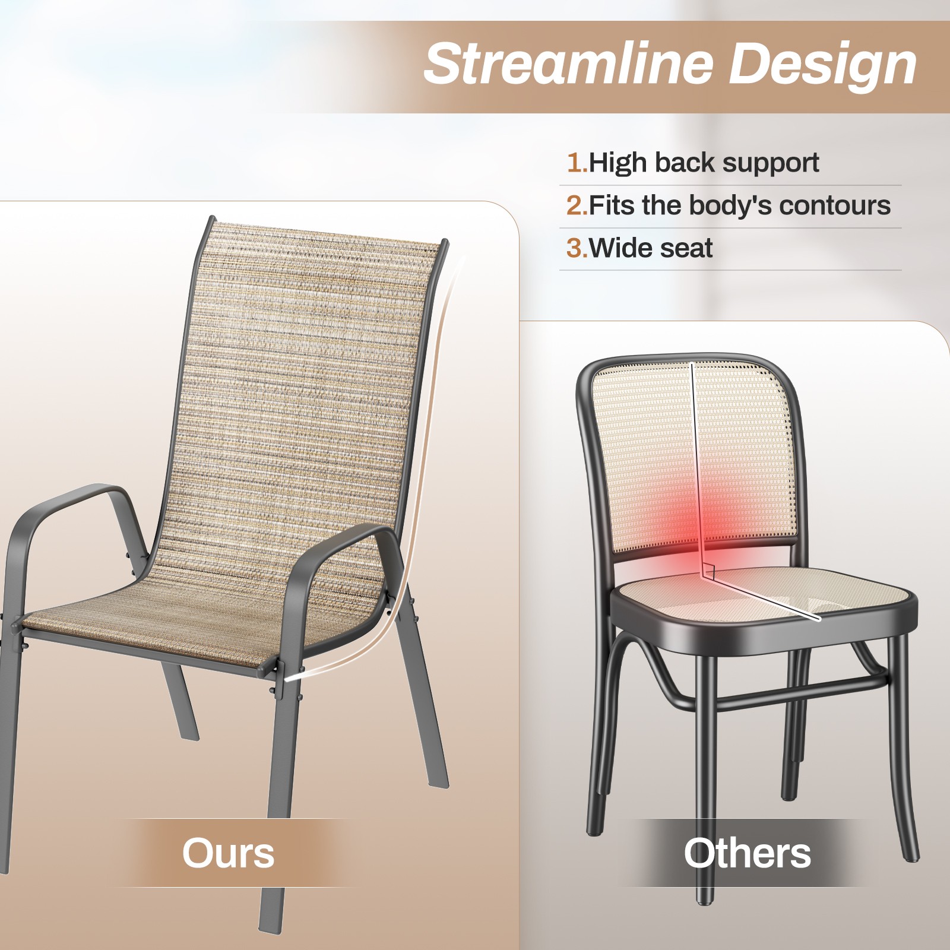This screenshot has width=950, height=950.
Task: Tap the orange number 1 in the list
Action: [x=575, y=163]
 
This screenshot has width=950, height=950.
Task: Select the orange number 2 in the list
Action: [x=575, y=205]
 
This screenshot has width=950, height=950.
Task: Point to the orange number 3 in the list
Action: [x=575, y=248]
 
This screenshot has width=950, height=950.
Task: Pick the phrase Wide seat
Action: [x=651, y=248]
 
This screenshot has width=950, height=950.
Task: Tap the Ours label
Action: [x=228, y=853]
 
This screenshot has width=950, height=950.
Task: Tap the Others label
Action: [x=747, y=853]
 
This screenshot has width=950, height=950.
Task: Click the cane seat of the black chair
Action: [x=766, y=600]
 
